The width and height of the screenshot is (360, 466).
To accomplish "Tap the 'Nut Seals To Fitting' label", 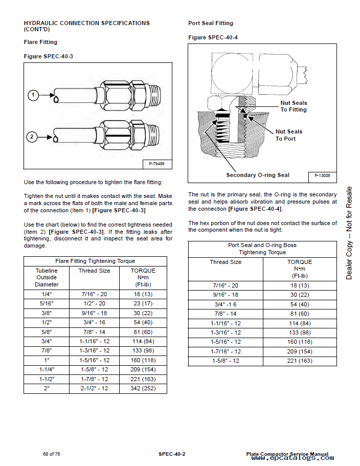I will tap(294, 106).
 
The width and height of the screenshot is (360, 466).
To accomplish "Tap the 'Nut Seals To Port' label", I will tap(289, 135).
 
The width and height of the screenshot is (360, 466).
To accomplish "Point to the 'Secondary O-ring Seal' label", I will tap(258, 175).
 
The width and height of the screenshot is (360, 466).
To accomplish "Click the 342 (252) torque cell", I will tap(143, 388).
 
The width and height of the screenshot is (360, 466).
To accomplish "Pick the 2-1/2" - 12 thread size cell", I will tap(94, 388).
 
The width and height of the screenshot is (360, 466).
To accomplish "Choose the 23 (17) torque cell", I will tap(143, 303).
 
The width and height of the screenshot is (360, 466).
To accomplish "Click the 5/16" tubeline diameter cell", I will tap(47, 303).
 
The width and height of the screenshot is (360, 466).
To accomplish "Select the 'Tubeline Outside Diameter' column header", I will tap(47, 277).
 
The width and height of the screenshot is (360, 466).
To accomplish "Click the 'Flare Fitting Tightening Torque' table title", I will tap(95, 261).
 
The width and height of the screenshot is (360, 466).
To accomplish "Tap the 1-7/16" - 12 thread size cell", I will tap(226, 351).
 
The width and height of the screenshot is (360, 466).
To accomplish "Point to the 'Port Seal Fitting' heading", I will tap(211, 23).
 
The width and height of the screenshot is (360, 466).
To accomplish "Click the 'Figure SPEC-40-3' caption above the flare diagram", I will tap(49, 56).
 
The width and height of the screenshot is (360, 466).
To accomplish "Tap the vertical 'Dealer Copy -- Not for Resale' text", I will tap(349, 233).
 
